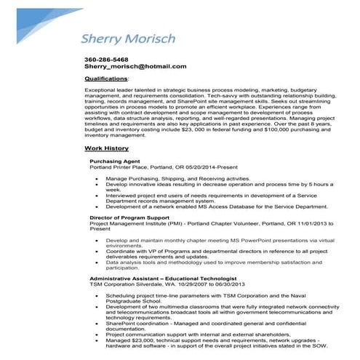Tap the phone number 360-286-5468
(x=106, y=59)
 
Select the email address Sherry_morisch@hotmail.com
(x=135, y=66)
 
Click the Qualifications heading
(x=106, y=77)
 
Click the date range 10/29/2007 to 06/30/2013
(x=198, y=284)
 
